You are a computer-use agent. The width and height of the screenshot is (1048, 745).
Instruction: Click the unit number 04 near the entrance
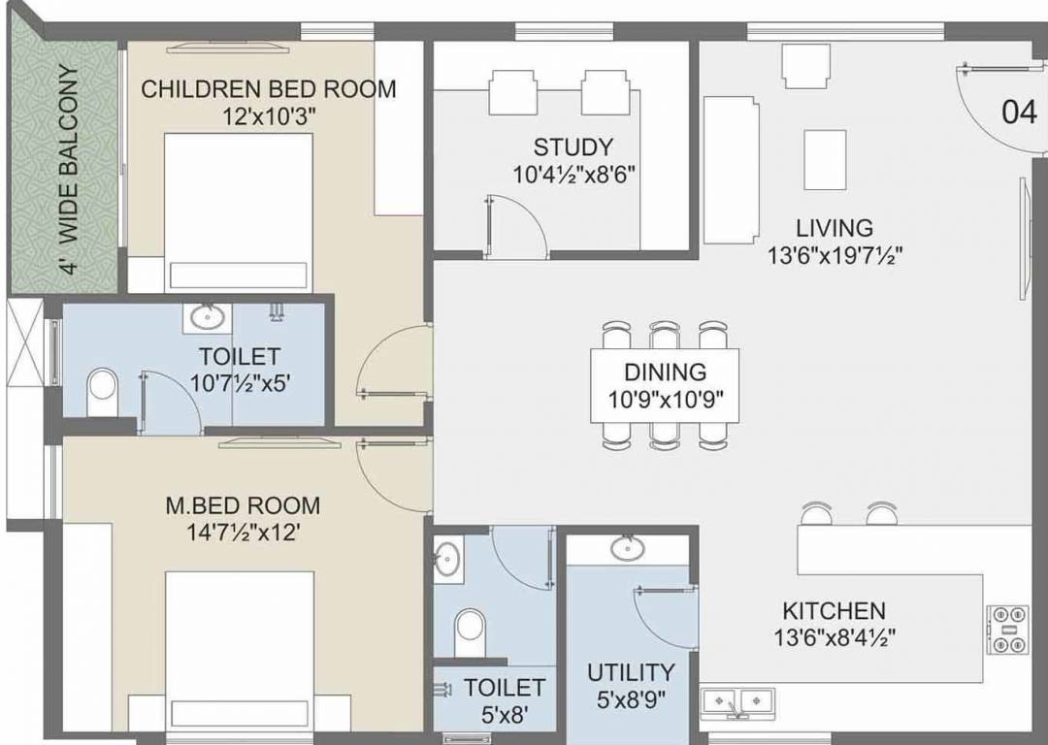click(1019, 113)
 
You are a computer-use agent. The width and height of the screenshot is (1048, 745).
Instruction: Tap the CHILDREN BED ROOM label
click(269, 89)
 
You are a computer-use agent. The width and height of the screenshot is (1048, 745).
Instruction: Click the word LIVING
click(835, 228)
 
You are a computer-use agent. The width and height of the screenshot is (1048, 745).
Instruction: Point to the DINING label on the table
click(665, 372)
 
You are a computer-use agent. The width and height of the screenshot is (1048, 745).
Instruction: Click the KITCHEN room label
click(834, 610)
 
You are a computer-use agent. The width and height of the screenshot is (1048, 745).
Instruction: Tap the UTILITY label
click(631, 672)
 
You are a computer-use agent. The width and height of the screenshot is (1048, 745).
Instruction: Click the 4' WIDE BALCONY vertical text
click(68, 171)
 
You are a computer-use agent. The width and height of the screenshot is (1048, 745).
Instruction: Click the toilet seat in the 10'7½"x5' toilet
click(100, 389)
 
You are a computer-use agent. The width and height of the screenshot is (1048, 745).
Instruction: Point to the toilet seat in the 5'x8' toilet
click(469, 625)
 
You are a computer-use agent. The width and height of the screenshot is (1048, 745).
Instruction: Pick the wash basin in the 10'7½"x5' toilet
click(206, 317)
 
